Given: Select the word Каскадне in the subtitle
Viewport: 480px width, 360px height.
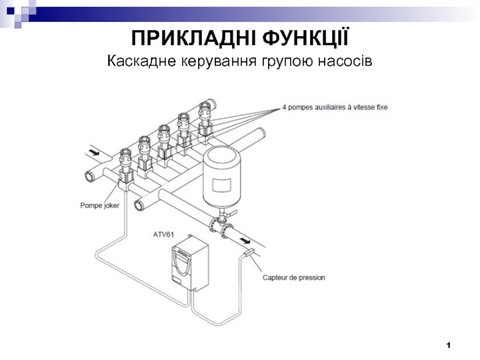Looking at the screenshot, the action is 142,61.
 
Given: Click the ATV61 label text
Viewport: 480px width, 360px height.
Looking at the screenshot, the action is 163,235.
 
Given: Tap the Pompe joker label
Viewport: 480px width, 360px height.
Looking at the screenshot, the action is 100,205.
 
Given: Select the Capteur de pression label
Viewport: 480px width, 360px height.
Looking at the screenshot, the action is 294,278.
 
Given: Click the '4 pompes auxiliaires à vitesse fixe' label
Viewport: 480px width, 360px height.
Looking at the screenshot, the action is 335,107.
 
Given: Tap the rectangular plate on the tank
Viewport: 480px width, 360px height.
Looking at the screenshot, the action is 221,185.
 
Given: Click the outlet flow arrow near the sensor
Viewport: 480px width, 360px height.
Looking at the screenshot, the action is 245,241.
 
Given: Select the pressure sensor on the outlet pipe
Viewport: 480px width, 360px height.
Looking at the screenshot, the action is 250,253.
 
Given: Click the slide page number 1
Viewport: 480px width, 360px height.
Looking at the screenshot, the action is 448,346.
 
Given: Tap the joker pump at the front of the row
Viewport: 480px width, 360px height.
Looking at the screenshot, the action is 126,169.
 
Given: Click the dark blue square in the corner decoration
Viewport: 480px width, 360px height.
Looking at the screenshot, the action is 11,11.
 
